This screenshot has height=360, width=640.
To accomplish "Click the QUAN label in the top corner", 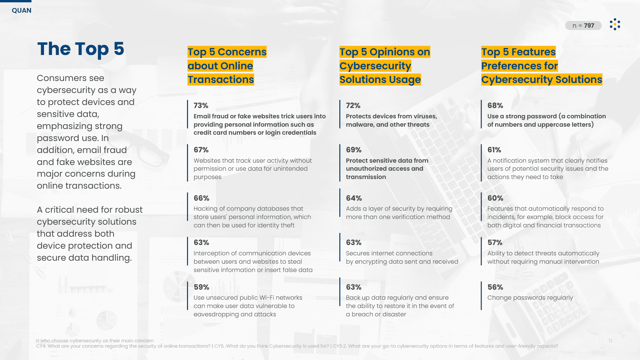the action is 22,10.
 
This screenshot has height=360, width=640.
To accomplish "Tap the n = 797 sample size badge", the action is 583,26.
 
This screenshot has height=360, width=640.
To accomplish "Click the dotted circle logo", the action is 615,24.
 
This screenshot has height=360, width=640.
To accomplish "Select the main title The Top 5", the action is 81,49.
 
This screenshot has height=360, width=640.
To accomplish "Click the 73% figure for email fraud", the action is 201,106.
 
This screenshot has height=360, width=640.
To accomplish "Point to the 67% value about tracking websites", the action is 201,150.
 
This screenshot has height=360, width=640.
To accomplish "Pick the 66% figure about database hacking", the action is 201,198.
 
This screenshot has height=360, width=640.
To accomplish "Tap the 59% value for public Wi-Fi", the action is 201,287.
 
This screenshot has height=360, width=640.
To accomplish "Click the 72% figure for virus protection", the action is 353,106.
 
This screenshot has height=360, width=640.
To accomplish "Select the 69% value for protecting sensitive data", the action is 354,150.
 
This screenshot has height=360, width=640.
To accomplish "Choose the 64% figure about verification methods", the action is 354,198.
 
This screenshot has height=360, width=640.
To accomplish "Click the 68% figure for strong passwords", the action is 495,106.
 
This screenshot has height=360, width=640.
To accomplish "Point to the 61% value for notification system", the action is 494,150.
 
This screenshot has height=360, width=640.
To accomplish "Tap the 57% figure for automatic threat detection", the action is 495,243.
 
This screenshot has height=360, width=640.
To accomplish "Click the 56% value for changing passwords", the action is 495,287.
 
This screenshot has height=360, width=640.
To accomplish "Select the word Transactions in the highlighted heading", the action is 221,80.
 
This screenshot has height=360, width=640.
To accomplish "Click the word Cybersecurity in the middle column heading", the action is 375,66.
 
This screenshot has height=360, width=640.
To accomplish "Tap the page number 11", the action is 610,341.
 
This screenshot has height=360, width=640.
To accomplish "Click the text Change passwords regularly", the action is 530,298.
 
